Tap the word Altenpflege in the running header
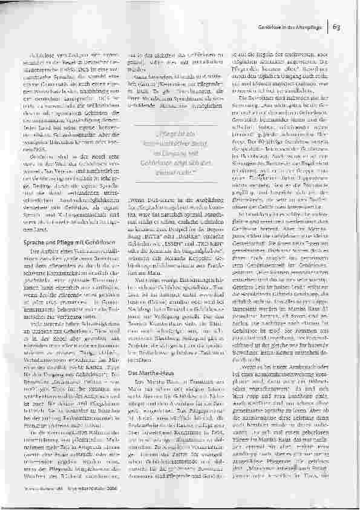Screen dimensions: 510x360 [x=310, y=26]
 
